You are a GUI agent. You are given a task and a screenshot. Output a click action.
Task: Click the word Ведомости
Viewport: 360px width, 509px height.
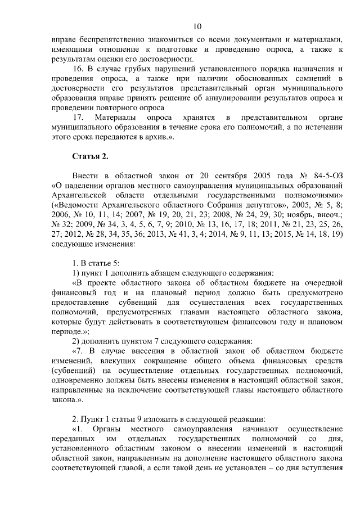click(75, 205)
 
